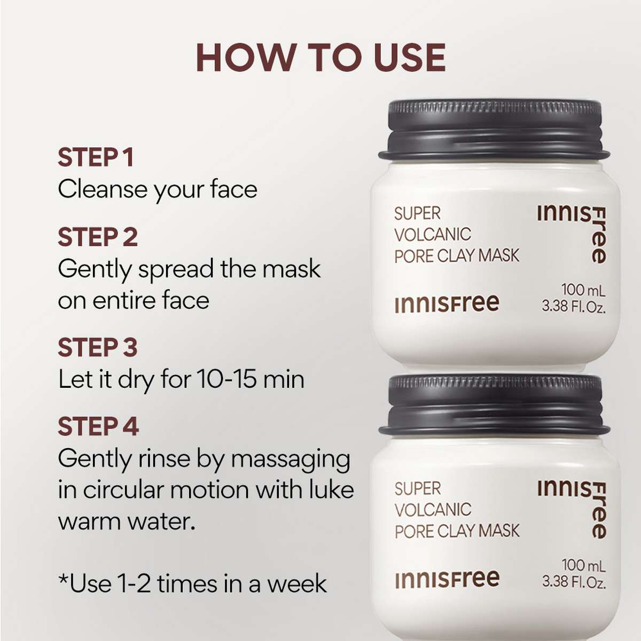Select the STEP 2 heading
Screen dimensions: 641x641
point(98,237)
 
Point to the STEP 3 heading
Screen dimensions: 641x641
point(98,347)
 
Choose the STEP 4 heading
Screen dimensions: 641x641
point(98,427)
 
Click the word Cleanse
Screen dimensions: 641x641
point(101,189)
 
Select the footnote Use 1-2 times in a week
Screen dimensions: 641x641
point(192,583)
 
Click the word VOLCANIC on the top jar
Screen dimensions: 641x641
point(433,234)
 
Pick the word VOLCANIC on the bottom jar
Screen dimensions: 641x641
point(433,510)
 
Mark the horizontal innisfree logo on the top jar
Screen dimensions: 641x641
point(447,304)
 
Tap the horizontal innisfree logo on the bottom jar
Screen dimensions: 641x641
point(447,579)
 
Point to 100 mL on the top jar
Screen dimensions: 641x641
point(583,291)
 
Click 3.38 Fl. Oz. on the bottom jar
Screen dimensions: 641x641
point(574,582)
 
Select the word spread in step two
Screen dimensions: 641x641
point(176,270)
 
